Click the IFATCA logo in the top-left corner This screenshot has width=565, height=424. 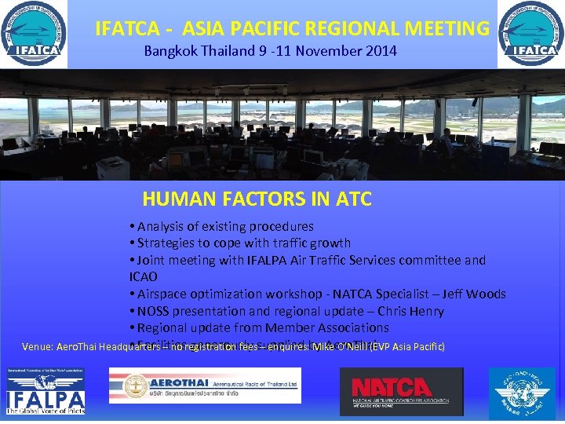click(x=34, y=35)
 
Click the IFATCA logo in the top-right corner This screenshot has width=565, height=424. click(x=530, y=35)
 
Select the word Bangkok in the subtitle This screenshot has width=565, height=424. click(x=169, y=51)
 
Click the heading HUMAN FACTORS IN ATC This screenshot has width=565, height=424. click(x=257, y=199)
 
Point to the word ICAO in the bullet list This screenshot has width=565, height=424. click(x=144, y=277)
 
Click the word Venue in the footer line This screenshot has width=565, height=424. click(x=38, y=347)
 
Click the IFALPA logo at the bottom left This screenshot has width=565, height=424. click(x=46, y=391)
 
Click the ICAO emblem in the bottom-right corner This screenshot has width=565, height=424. click(x=521, y=393)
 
